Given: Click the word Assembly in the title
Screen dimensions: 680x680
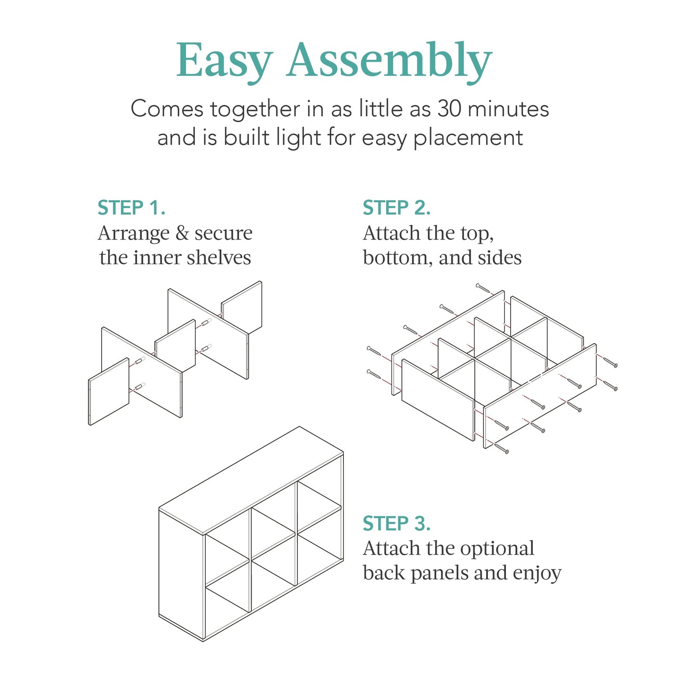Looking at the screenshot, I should (x=389, y=61).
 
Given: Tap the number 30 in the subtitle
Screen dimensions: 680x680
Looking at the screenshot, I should (x=449, y=109).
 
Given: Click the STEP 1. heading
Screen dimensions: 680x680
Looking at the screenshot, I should (x=131, y=208).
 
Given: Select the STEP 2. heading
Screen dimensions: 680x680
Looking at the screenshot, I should (x=397, y=208).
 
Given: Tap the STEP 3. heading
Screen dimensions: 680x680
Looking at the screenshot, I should (x=397, y=523).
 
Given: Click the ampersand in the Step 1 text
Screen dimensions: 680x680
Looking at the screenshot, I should (x=182, y=233).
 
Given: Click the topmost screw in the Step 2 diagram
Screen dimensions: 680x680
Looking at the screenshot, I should (x=483, y=288).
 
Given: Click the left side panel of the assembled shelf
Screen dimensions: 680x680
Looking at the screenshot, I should (x=181, y=574).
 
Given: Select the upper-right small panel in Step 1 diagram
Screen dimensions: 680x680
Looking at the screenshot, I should (x=242, y=308).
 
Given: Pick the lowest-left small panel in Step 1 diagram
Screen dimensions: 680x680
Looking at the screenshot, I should (x=109, y=392).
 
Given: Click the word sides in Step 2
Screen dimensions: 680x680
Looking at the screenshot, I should (x=503, y=258).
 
